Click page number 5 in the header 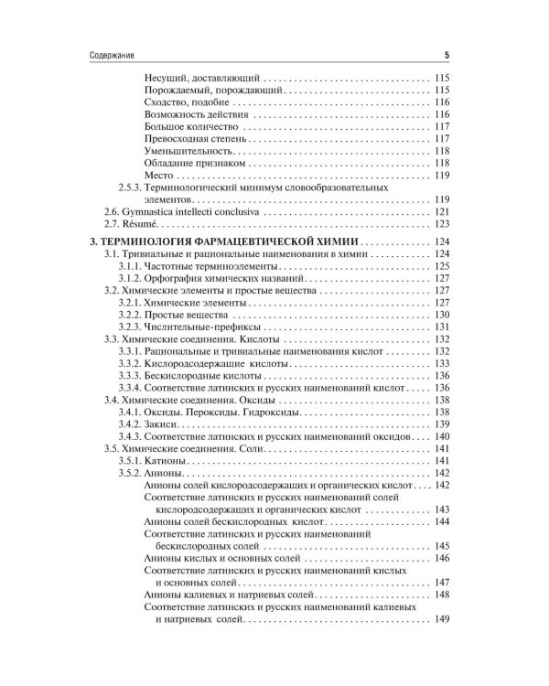click(x=446, y=53)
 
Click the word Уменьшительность click(x=188, y=150)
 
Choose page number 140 click(x=442, y=436)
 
